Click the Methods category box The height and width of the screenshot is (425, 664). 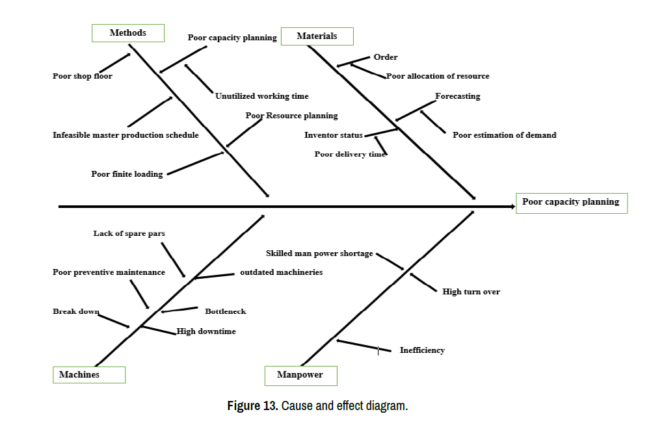pyautogui.click(x=128, y=33)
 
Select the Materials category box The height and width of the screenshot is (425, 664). pyautogui.click(x=317, y=36)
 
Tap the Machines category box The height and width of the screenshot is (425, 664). pyautogui.click(x=88, y=375)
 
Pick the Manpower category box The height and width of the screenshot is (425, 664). pyautogui.click(x=302, y=375)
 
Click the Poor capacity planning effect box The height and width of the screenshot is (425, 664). pyautogui.click(x=571, y=202)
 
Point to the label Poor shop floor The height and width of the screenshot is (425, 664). pyautogui.click(x=83, y=76)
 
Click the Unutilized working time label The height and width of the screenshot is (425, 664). pyautogui.click(x=262, y=96)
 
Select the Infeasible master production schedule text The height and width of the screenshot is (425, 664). pyautogui.click(x=126, y=135)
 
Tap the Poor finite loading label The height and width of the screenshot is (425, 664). pyautogui.click(x=127, y=174)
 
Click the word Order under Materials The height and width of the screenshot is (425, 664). pyautogui.click(x=386, y=57)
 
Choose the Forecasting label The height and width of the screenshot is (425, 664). pyautogui.click(x=458, y=96)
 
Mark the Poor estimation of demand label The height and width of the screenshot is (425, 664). pyautogui.click(x=505, y=135)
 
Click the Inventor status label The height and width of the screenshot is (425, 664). pyautogui.click(x=334, y=135)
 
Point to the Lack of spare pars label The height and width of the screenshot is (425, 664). pyautogui.click(x=129, y=233)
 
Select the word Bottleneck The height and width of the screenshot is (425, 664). pyautogui.click(x=226, y=311)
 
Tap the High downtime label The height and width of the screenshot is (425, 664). pyautogui.click(x=206, y=331)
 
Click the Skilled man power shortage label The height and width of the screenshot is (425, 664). pyautogui.click(x=319, y=253)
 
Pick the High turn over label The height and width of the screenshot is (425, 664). pyautogui.click(x=471, y=292)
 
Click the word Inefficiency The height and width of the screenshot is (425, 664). pyautogui.click(x=422, y=350)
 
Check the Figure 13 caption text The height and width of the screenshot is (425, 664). pyautogui.click(x=317, y=406)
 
